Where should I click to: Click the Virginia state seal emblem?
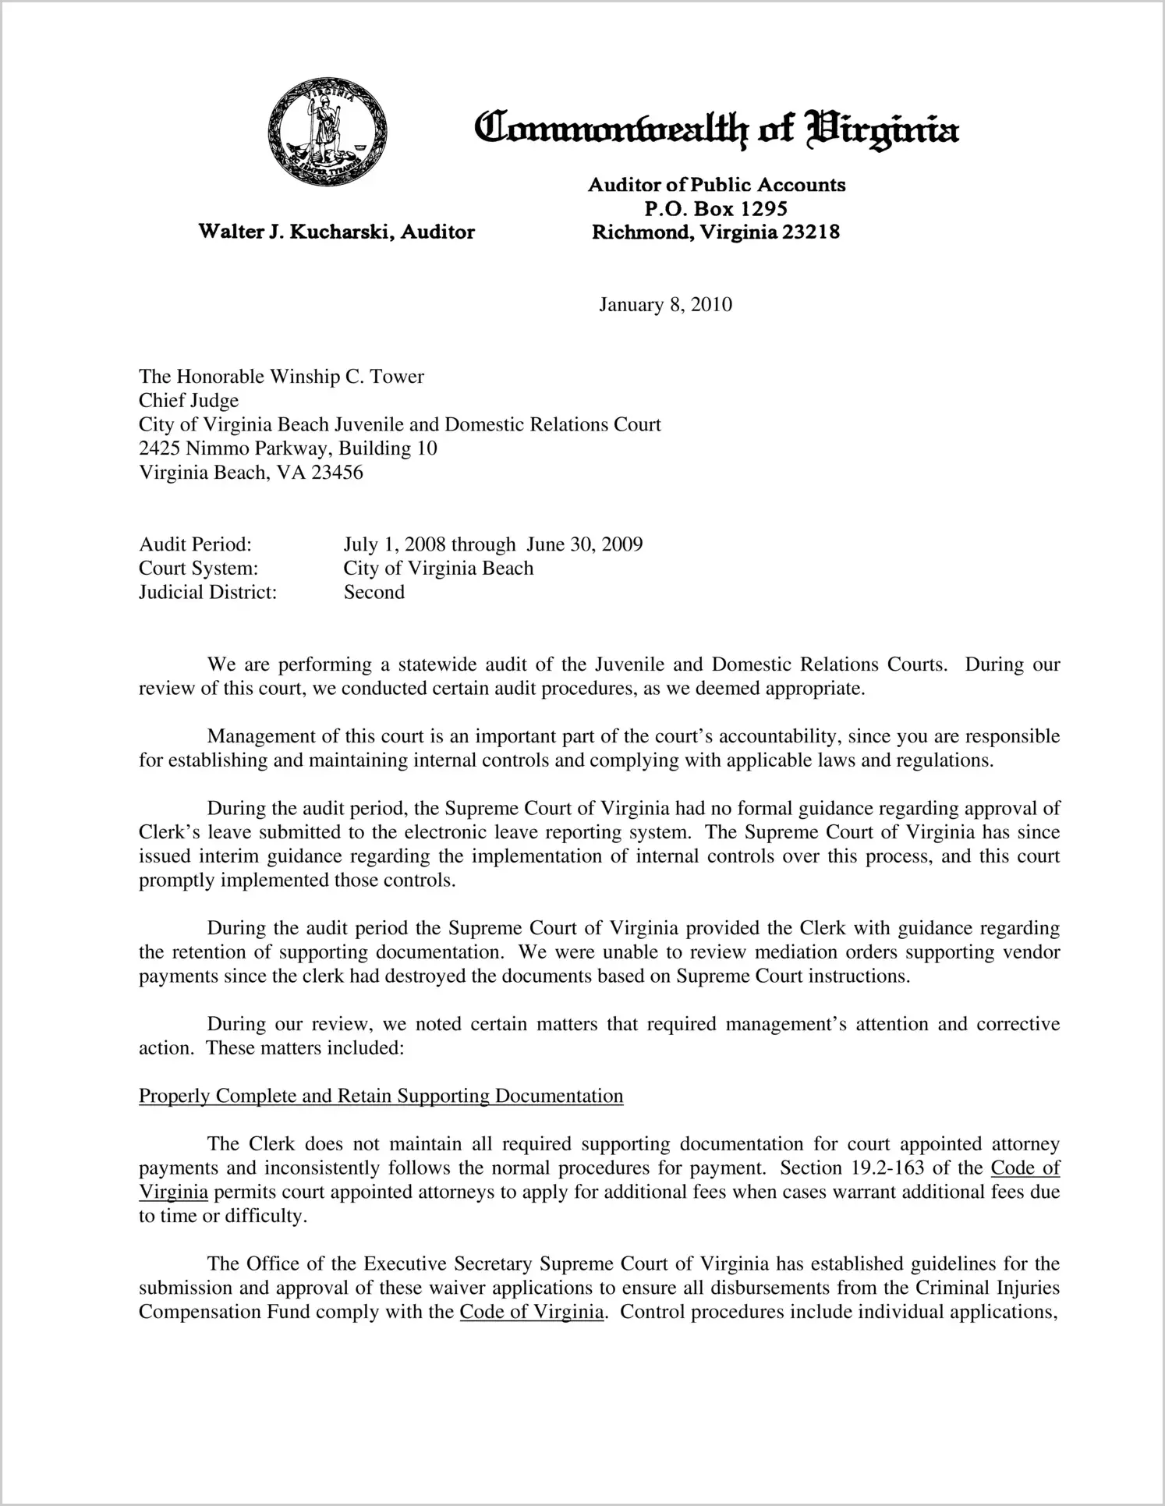[x=327, y=136]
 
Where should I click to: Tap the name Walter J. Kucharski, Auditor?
[x=336, y=232]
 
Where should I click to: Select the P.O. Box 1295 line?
[x=716, y=209]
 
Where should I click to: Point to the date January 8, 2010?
[x=665, y=304]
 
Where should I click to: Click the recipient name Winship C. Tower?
[x=347, y=377]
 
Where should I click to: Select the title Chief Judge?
[x=189, y=401]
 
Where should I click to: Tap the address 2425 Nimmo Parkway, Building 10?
[x=288, y=448]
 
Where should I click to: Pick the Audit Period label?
[x=195, y=544]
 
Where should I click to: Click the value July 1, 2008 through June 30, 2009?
[x=493, y=544]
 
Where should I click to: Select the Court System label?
[x=198, y=569]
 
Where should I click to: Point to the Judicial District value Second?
[x=374, y=593]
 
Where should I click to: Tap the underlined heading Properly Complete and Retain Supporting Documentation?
[x=381, y=1097]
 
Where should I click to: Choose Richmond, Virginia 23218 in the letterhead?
[x=716, y=232]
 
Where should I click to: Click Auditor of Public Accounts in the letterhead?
[x=716, y=185]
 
